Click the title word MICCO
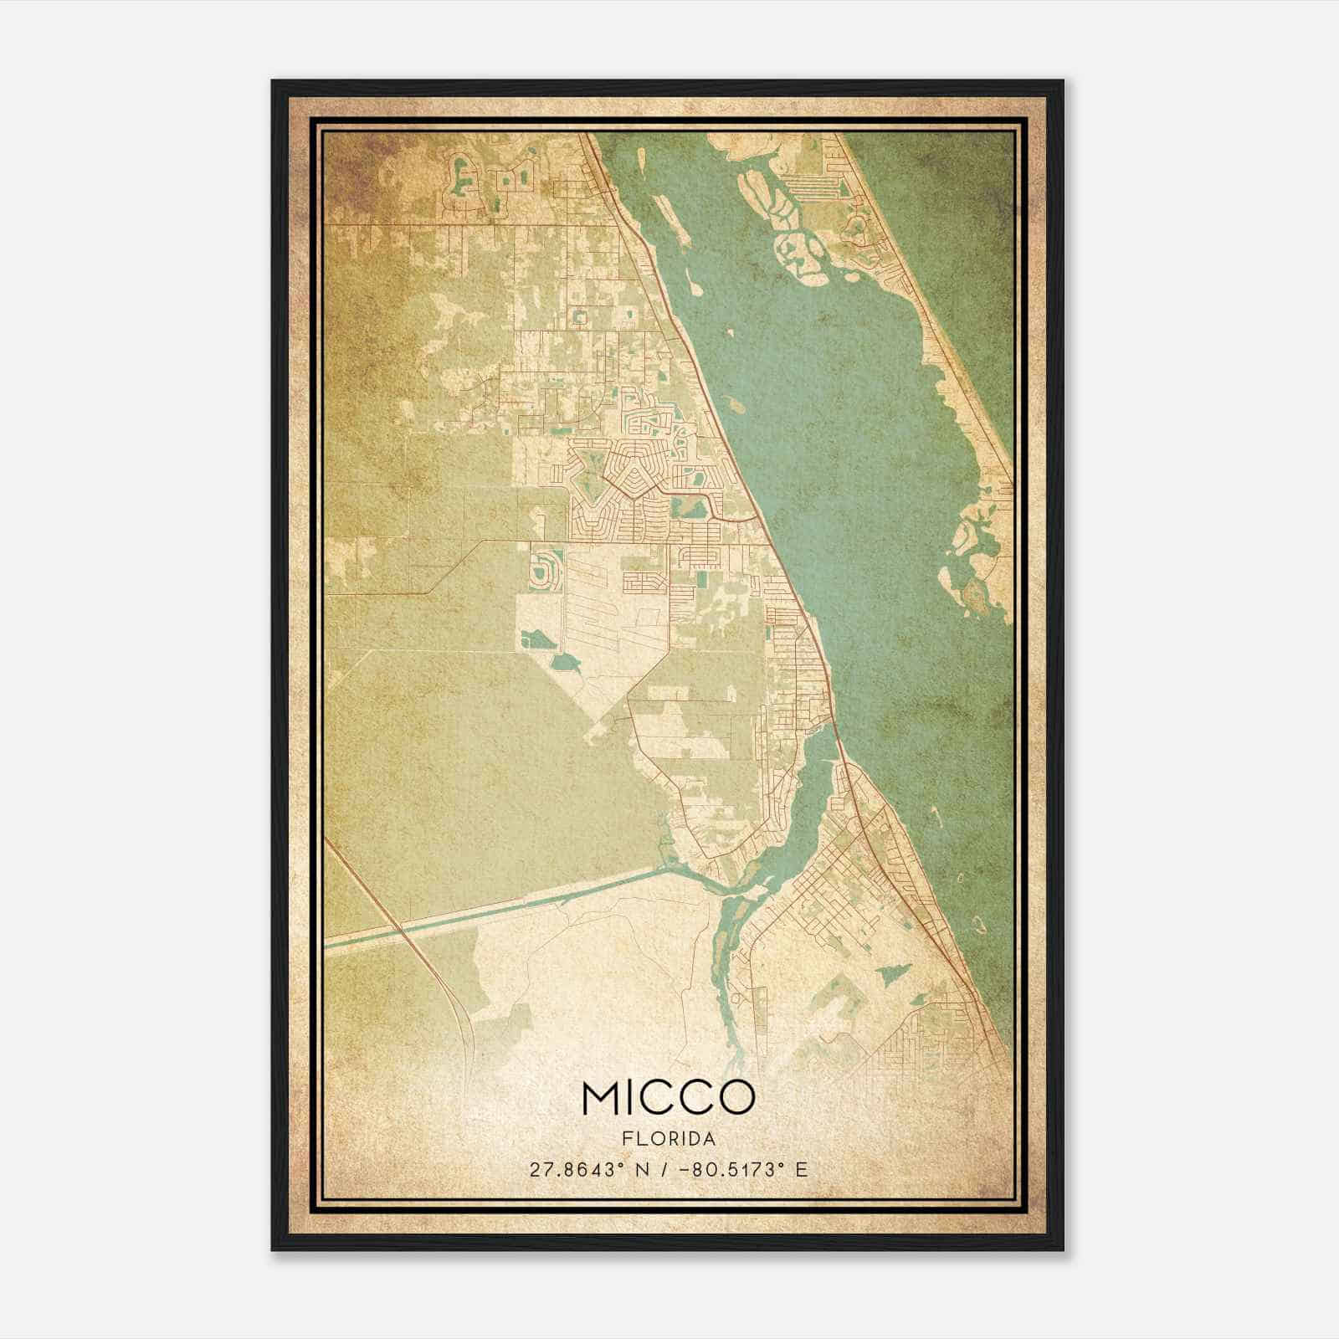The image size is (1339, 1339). pyautogui.click(x=668, y=1097)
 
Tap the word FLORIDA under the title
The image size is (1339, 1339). pyautogui.click(x=669, y=1139)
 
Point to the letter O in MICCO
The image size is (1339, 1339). pyautogui.click(x=735, y=1097)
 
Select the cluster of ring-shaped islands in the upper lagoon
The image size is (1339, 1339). pyautogui.click(x=795, y=243)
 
